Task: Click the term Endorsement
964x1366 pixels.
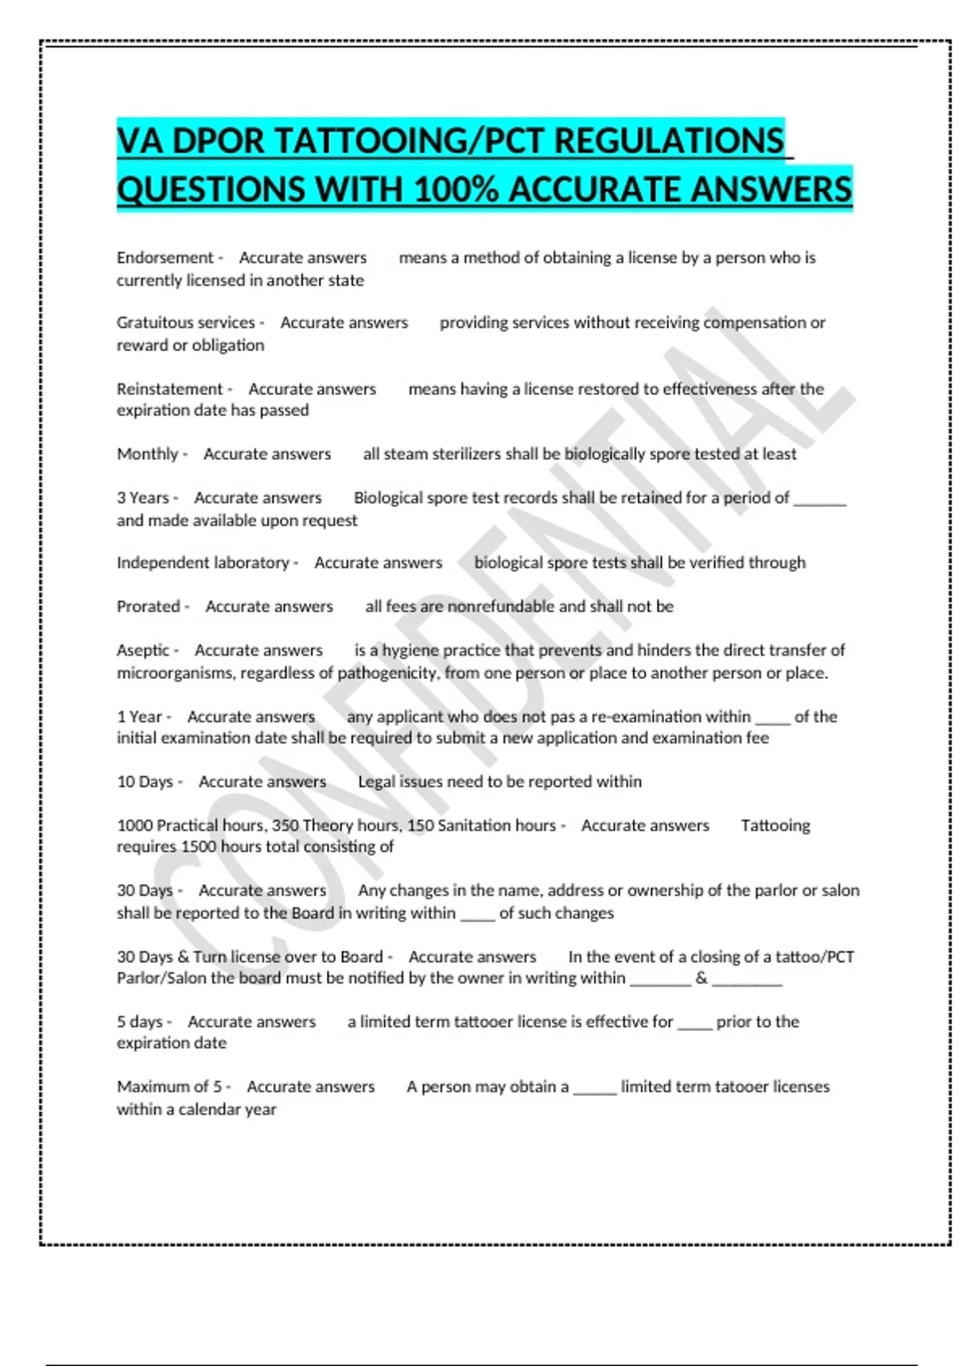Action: (165, 258)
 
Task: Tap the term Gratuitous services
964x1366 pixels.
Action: (186, 323)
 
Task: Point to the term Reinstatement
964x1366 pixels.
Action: (170, 389)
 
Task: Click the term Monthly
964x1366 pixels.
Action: (147, 454)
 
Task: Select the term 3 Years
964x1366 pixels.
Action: (143, 498)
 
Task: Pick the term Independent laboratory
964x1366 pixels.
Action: (202, 563)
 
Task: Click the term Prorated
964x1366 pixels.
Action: (148, 607)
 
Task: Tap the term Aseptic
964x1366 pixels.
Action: (143, 650)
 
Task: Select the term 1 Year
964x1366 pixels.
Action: (139, 717)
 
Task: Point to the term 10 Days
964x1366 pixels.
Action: (145, 782)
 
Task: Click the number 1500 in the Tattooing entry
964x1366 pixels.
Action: (198, 847)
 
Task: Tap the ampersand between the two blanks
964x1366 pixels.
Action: (701, 979)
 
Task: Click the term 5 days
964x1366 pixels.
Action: (139, 1022)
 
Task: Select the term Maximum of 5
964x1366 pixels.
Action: (169, 1087)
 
